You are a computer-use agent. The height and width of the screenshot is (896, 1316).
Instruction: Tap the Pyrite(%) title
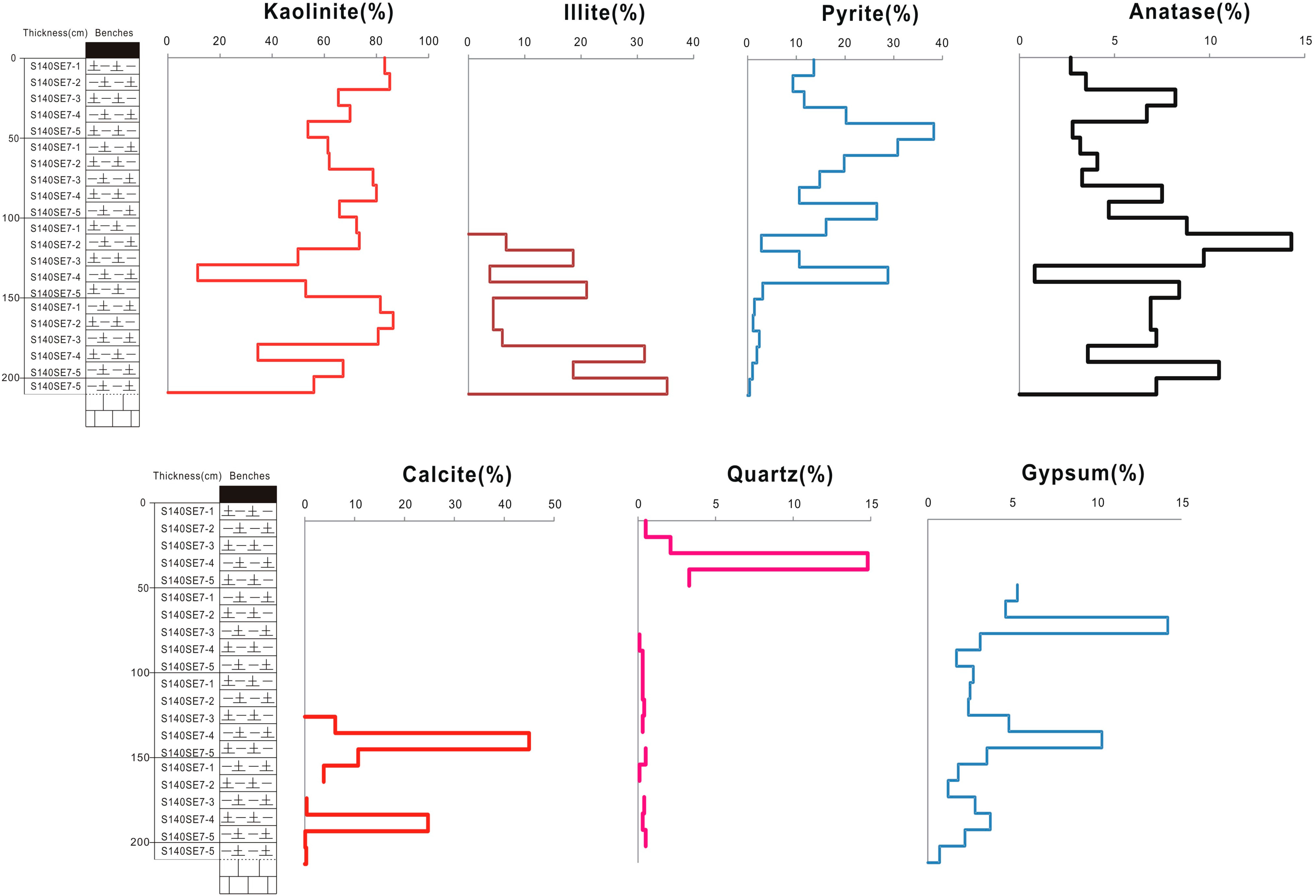(870, 14)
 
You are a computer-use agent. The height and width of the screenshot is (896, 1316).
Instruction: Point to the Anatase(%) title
(1189, 12)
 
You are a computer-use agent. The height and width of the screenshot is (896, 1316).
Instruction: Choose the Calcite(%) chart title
(457, 474)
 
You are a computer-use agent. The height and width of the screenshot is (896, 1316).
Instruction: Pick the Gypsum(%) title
(1083, 473)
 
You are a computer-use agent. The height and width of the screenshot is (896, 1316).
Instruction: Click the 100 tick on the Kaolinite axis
(429, 41)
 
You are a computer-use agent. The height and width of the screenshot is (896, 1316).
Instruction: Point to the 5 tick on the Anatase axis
(1115, 41)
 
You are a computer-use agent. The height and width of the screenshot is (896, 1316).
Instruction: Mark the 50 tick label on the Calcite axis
(554, 504)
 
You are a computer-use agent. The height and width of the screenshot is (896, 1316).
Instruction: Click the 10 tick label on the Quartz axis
(794, 504)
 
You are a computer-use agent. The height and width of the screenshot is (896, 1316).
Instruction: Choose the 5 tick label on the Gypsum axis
(1012, 503)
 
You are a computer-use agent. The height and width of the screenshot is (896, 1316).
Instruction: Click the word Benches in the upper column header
(114, 33)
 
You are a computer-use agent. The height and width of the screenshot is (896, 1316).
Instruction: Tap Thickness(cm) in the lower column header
(187, 476)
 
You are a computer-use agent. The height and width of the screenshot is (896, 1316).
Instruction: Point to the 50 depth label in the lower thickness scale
(143, 588)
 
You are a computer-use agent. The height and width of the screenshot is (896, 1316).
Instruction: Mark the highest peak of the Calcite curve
(529, 741)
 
